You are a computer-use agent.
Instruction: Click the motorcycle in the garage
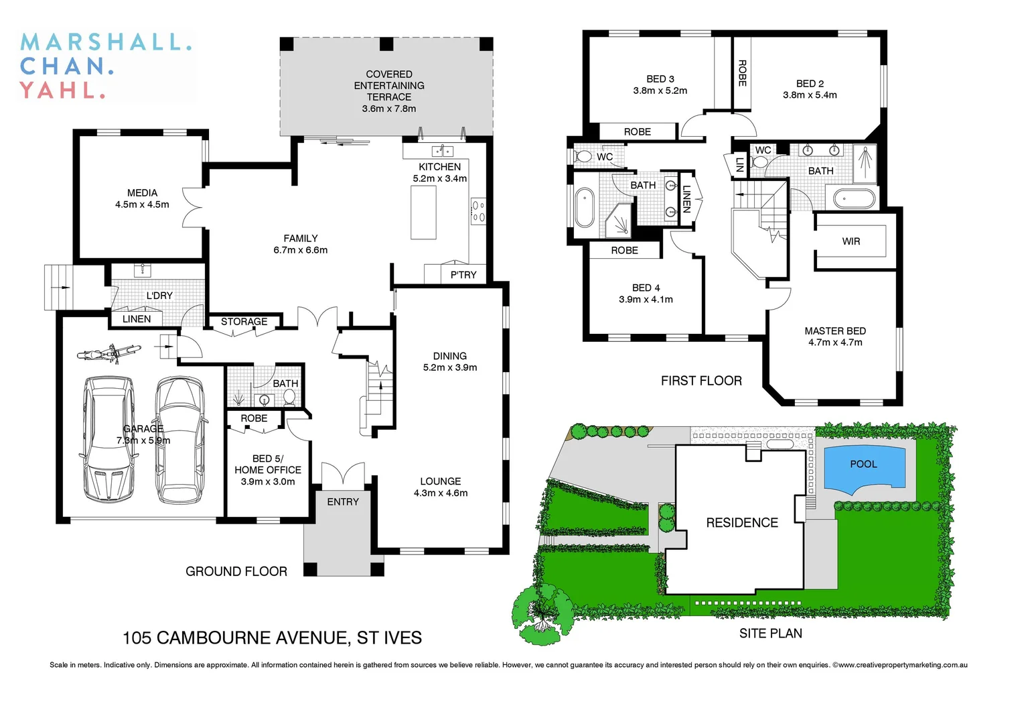108,353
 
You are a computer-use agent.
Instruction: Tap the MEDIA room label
142,193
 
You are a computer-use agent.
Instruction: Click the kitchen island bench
423,212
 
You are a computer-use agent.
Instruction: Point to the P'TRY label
463,275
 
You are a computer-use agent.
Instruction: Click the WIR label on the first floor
851,241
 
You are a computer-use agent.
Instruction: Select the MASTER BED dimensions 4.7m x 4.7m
835,343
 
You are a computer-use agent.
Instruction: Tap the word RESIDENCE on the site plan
741,523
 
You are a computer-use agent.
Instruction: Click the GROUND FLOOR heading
236,571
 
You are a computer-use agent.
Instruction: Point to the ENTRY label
343,502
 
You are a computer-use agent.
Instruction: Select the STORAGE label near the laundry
244,322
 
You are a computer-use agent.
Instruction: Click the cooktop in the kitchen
478,210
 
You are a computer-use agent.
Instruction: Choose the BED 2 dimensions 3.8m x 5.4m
810,95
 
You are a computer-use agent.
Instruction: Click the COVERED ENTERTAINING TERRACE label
389,86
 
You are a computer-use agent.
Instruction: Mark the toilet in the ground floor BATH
289,398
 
